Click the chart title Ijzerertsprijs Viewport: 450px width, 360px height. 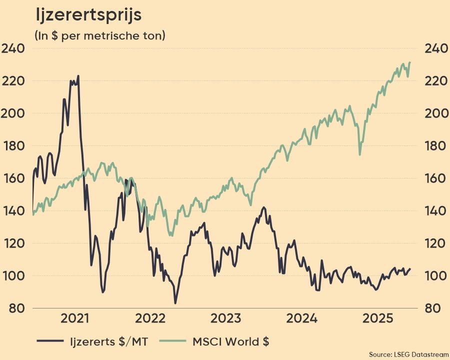coord(88,15)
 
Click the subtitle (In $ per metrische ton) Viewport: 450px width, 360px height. coord(99,36)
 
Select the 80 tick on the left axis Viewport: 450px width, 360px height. coord(16,308)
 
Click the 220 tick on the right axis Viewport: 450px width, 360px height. coord(436,81)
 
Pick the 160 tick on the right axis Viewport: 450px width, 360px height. coord(436,178)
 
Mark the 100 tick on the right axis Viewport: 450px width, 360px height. coord(436,276)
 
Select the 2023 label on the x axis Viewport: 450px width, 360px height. coord(226,318)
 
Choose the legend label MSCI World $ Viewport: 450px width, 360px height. coord(231,342)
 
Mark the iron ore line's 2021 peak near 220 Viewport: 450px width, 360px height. coord(78,76)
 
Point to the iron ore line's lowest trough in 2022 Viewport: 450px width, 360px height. coord(175,303)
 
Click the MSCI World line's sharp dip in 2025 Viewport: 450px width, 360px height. coord(359,154)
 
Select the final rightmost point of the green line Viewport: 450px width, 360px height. coord(410,62)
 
